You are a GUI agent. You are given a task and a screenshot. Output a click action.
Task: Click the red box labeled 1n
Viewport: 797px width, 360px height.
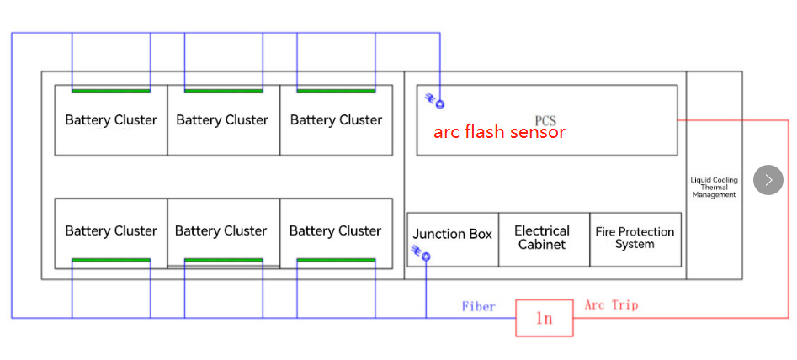coord(545,319)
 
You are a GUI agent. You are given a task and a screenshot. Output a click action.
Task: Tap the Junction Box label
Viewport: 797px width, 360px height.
coord(452,234)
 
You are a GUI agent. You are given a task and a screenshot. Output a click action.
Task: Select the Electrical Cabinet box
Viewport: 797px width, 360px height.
coord(542,238)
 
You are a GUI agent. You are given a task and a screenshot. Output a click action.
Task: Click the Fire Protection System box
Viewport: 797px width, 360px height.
coord(635,238)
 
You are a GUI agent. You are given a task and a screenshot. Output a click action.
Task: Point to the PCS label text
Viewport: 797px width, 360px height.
coord(545,121)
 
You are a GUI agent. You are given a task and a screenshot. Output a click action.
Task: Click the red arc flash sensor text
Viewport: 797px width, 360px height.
coord(499,132)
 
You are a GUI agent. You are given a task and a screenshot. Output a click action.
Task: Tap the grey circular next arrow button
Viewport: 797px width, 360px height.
coord(768,180)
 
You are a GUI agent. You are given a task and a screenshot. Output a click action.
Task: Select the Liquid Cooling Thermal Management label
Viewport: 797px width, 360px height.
coord(714,188)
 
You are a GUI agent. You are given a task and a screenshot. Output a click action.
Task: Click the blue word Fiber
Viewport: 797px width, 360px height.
coord(479,306)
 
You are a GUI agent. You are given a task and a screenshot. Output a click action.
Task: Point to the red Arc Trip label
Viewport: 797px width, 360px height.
coord(611,304)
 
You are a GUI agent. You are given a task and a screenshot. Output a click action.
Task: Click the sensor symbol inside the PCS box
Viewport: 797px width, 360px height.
coord(436,101)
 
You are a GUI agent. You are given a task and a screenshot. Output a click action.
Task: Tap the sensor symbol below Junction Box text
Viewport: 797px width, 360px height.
coord(422,253)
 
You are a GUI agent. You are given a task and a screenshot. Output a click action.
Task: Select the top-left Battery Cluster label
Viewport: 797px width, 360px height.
coord(111,120)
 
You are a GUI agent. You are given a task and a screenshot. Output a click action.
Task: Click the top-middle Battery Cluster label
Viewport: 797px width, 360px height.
coord(222,120)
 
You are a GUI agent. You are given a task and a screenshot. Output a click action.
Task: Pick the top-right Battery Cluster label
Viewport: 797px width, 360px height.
coord(336,120)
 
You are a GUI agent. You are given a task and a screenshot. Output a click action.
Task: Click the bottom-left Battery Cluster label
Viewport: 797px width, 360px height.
coord(111,231)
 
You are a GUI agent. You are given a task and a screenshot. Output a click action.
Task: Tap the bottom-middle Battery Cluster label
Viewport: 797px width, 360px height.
coord(221,231)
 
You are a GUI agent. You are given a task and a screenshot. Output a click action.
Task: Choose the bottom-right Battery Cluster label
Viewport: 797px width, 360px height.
coord(335,231)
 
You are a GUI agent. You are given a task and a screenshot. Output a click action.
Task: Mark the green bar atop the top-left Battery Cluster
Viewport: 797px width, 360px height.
coord(111,90)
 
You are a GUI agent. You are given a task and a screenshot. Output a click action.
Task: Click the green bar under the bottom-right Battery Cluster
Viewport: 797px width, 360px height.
coord(336,261)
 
